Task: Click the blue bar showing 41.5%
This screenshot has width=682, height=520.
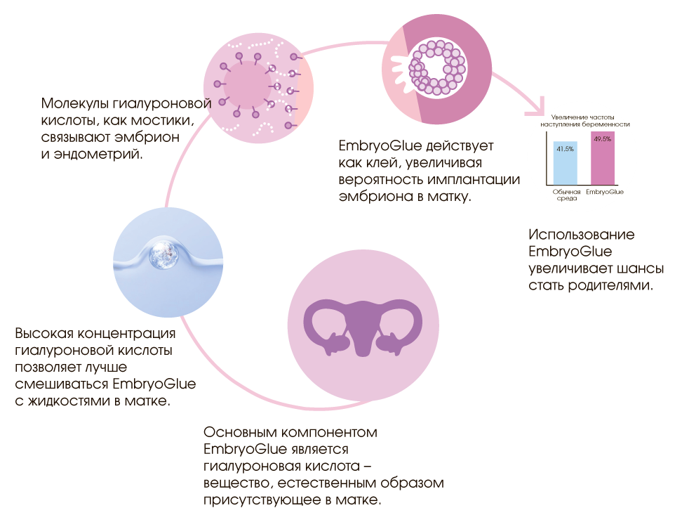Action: (x=565, y=163)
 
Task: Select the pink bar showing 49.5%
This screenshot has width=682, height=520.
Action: (x=603, y=158)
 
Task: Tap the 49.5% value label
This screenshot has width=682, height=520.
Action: (x=603, y=139)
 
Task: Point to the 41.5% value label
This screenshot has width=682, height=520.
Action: (x=565, y=149)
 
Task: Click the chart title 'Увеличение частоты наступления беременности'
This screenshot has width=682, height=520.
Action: (x=585, y=121)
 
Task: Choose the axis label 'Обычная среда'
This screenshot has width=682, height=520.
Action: (x=566, y=195)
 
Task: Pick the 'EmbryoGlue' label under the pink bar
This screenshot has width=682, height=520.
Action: (x=605, y=192)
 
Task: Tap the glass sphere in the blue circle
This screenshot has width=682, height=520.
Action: (x=164, y=255)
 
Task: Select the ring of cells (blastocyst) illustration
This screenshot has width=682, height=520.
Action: (x=437, y=68)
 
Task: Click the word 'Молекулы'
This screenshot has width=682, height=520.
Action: (x=75, y=104)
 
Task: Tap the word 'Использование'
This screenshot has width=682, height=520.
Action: (x=582, y=235)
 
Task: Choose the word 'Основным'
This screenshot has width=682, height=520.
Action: (x=241, y=432)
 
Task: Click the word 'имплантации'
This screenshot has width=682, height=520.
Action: (x=474, y=180)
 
